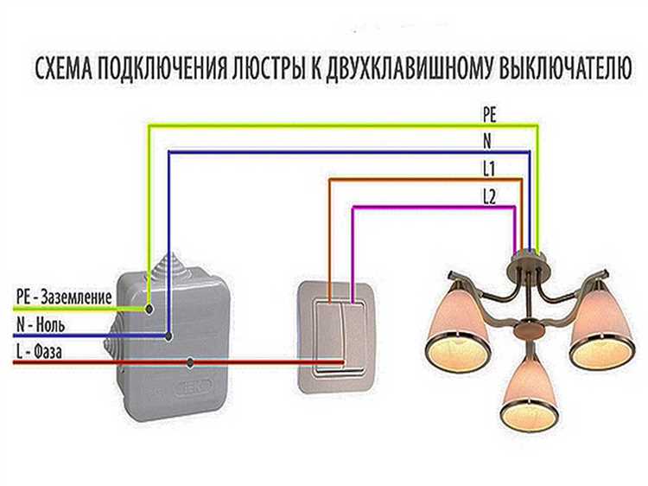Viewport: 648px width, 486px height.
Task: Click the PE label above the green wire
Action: [x=489, y=113]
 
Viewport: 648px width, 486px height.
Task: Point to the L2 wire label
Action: [x=489, y=196]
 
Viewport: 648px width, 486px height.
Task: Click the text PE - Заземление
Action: [x=63, y=297]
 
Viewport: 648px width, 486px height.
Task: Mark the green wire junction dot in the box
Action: [x=150, y=306]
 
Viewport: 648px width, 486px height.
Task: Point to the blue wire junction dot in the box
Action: [x=169, y=335]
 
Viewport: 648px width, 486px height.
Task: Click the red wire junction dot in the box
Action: [x=189, y=361]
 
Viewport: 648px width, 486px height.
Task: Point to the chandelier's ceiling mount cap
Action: [x=527, y=258]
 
